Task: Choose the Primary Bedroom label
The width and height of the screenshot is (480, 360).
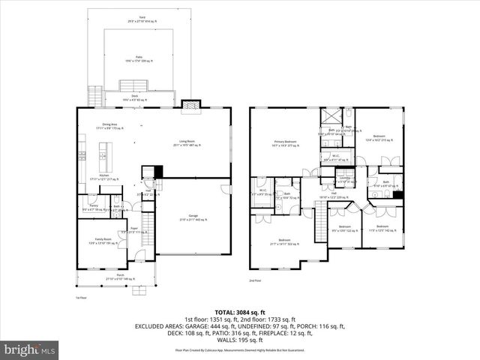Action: click(x=285, y=140)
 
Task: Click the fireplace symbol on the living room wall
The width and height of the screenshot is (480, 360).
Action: click(x=190, y=106)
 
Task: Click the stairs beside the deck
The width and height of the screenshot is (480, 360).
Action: click(x=94, y=96)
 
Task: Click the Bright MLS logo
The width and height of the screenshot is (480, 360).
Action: click(x=30, y=349)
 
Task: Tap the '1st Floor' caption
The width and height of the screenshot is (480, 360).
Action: click(x=82, y=298)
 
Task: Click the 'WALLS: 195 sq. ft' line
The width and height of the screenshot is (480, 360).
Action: click(x=240, y=340)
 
